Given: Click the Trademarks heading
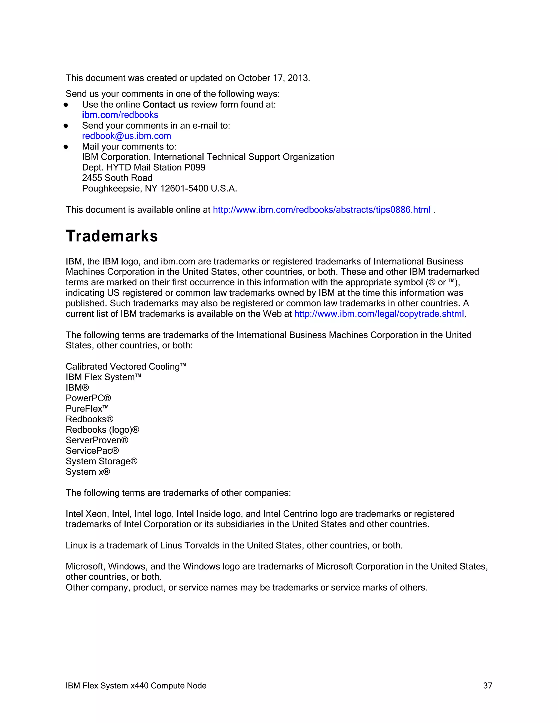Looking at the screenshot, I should point(112,236).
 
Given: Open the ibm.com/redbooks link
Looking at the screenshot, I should point(120,115).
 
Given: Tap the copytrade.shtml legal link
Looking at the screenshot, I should point(379,314).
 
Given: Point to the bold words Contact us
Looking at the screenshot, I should point(165,104).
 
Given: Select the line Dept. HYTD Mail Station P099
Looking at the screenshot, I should point(144,168).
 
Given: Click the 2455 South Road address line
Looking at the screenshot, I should point(117,178).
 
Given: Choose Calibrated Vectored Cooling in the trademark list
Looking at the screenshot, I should point(126,367).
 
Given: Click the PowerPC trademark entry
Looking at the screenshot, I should point(88,398).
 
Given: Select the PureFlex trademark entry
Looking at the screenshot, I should point(87,409).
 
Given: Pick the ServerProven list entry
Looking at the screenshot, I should point(96,440).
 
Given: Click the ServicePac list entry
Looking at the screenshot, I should point(92,451).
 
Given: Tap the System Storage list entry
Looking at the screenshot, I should point(101,461).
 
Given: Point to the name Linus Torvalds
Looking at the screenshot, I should point(190,546).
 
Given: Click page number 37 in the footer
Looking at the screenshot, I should point(488,686).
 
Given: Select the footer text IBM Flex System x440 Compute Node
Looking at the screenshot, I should point(136,686).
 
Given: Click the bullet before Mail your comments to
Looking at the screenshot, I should point(66,147).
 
